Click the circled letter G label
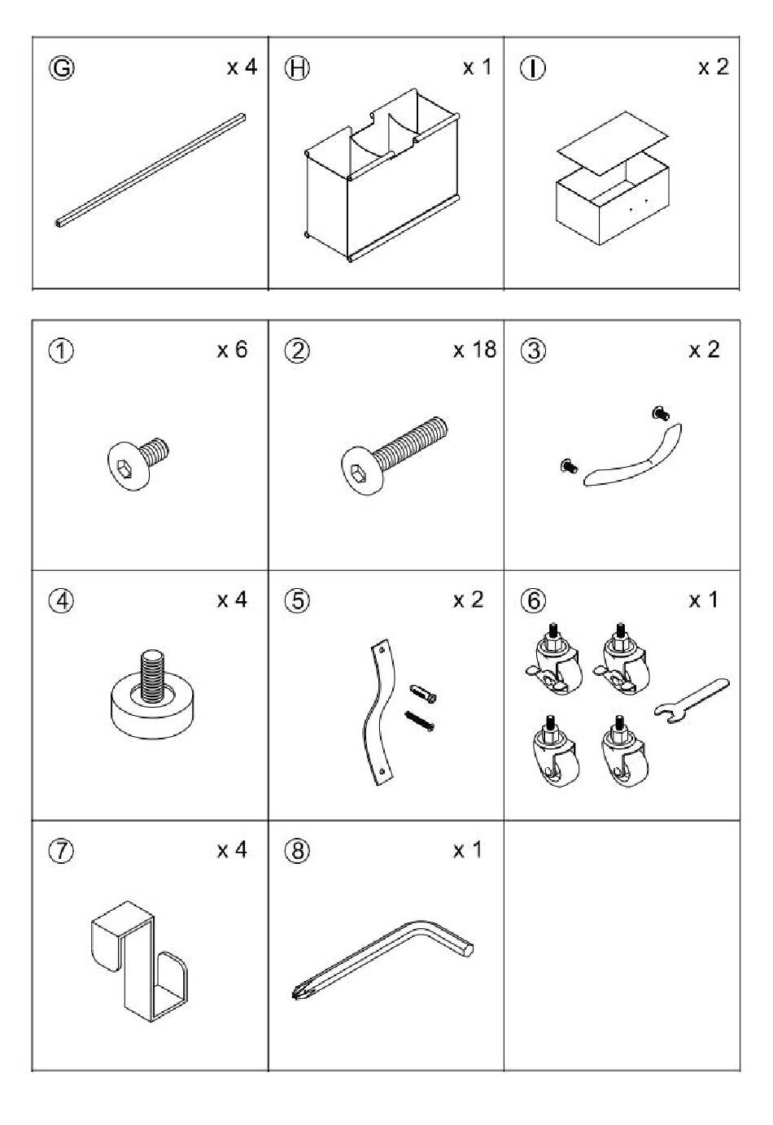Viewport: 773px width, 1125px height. coord(61,68)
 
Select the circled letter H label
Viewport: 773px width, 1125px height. coord(297,68)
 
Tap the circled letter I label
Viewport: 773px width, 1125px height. coord(532,68)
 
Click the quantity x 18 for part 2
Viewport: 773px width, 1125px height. coord(474,350)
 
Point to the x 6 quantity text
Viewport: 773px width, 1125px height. coord(233,350)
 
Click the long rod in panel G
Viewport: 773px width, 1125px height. coord(151,170)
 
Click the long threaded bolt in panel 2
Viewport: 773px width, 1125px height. coord(394,456)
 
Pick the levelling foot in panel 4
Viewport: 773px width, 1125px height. coord(152,695)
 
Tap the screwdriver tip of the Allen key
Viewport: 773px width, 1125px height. coord(299,992)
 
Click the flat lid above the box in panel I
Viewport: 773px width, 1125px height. coord(613,143)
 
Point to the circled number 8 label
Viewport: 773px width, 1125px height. coord(297,850)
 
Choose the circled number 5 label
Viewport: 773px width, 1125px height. coord(297,600)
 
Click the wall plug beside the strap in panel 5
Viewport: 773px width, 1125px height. coord(423,693)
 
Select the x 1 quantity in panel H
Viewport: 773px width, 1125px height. coord(477,67)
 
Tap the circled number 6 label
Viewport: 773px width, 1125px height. coord(534,600)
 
